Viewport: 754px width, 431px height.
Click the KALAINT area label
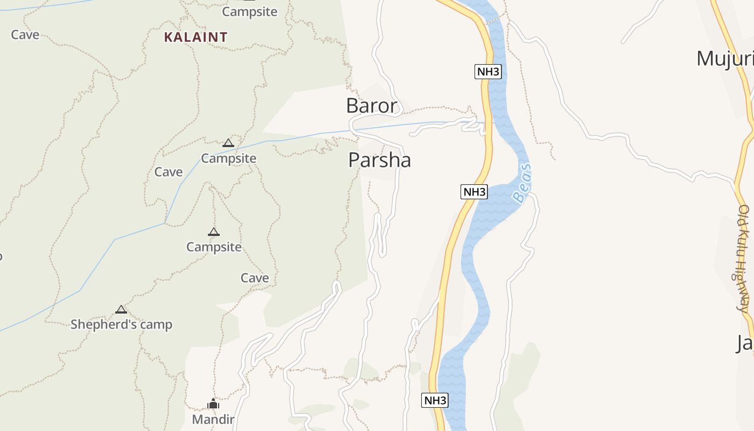pos(196,37)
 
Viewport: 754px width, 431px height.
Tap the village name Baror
pos(372,106)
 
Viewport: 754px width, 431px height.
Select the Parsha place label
pos(379,160)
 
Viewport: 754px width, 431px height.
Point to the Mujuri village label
pos(724,58)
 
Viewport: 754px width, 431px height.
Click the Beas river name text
pos(522,183)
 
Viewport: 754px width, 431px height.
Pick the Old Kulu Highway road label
pos(744,259)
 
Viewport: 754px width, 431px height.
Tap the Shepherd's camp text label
pos(121,324)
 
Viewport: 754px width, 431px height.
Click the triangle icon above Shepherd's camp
pos(121,310)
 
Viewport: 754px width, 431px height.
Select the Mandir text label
pos(213,419)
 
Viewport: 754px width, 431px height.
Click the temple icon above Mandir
pos(213,404)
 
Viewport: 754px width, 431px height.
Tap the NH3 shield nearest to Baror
pos(488,72)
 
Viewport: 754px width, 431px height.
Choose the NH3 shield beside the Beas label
pos(474,192)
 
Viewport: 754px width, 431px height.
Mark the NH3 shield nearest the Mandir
pos(435,400)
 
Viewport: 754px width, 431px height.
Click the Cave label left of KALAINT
pos(25,35)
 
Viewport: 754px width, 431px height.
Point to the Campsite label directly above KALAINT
pos(249,12)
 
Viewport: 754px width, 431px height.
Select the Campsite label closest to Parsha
pos(228,158)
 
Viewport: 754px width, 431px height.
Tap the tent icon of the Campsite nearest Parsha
pos(228,143)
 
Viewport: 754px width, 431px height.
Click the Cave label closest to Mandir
pos(254,278)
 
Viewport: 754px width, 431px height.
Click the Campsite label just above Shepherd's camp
pos(214,247)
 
